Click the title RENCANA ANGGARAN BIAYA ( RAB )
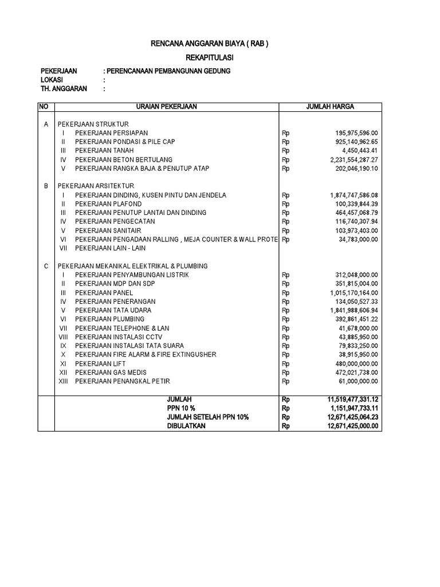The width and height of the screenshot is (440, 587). point(209,44)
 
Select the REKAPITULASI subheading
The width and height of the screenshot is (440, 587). point(209,58)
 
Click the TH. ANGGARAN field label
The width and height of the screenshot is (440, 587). point(63,89)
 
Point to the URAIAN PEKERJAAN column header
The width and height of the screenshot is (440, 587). point(166,107)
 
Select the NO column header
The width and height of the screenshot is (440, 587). point(44,107)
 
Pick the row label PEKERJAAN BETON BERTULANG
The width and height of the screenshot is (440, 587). point(124,159)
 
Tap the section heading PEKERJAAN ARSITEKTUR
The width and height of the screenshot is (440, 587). point(96,186)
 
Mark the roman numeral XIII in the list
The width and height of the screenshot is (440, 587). point(64,381)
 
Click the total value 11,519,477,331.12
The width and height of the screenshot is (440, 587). point(348,398)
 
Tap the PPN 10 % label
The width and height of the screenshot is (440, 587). point(180,408)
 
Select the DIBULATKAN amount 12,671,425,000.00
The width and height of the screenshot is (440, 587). point(348,426)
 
